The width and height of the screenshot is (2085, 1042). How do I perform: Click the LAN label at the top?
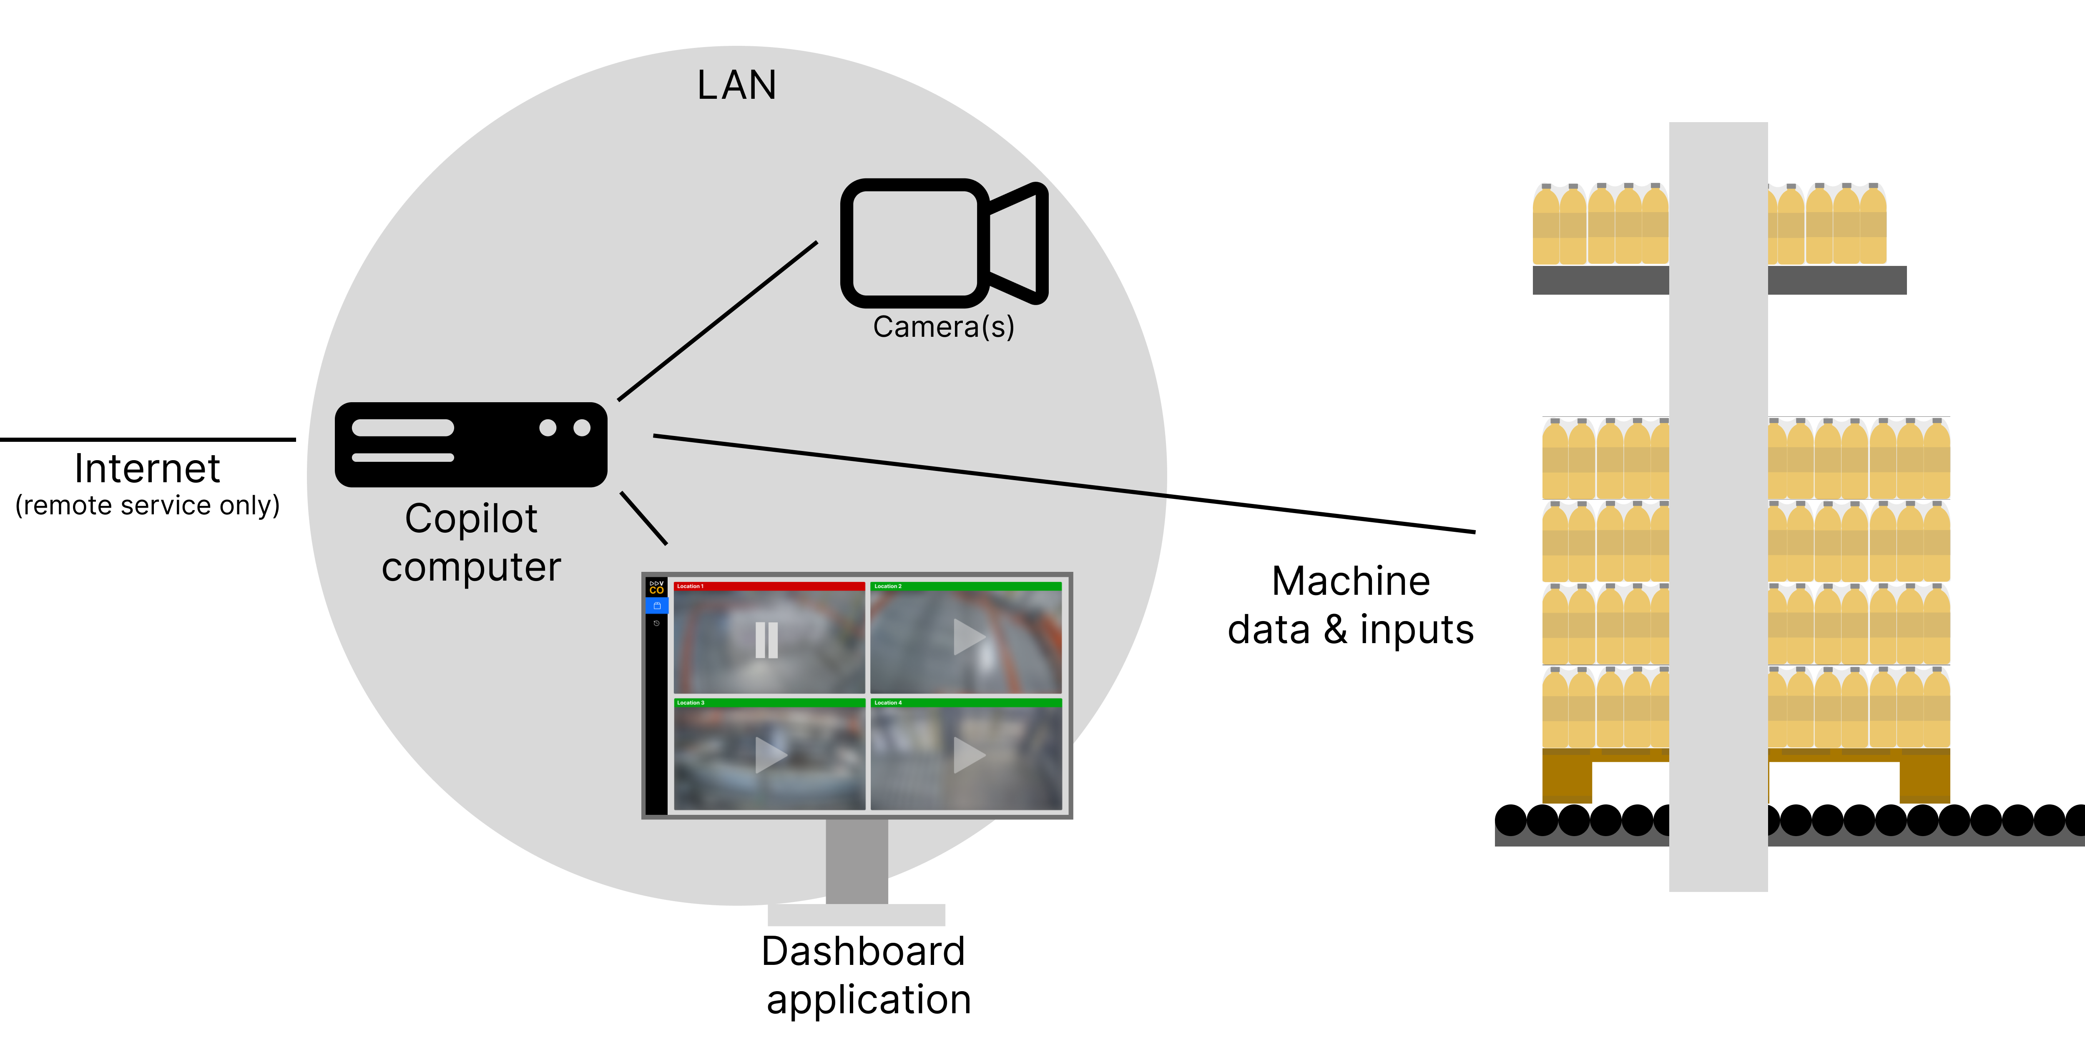[736, 85]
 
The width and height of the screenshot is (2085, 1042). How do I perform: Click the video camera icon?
[943, 243]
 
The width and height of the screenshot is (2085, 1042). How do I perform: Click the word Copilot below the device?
[471, 518]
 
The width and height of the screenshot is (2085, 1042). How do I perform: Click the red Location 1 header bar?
[769, 586]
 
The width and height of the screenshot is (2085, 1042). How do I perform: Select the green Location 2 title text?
[888, 586]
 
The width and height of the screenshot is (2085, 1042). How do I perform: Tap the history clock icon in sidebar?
[656, 623]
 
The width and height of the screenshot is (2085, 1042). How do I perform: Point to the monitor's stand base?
[857, 915]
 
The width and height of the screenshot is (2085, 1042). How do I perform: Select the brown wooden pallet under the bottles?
[1567, 776]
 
